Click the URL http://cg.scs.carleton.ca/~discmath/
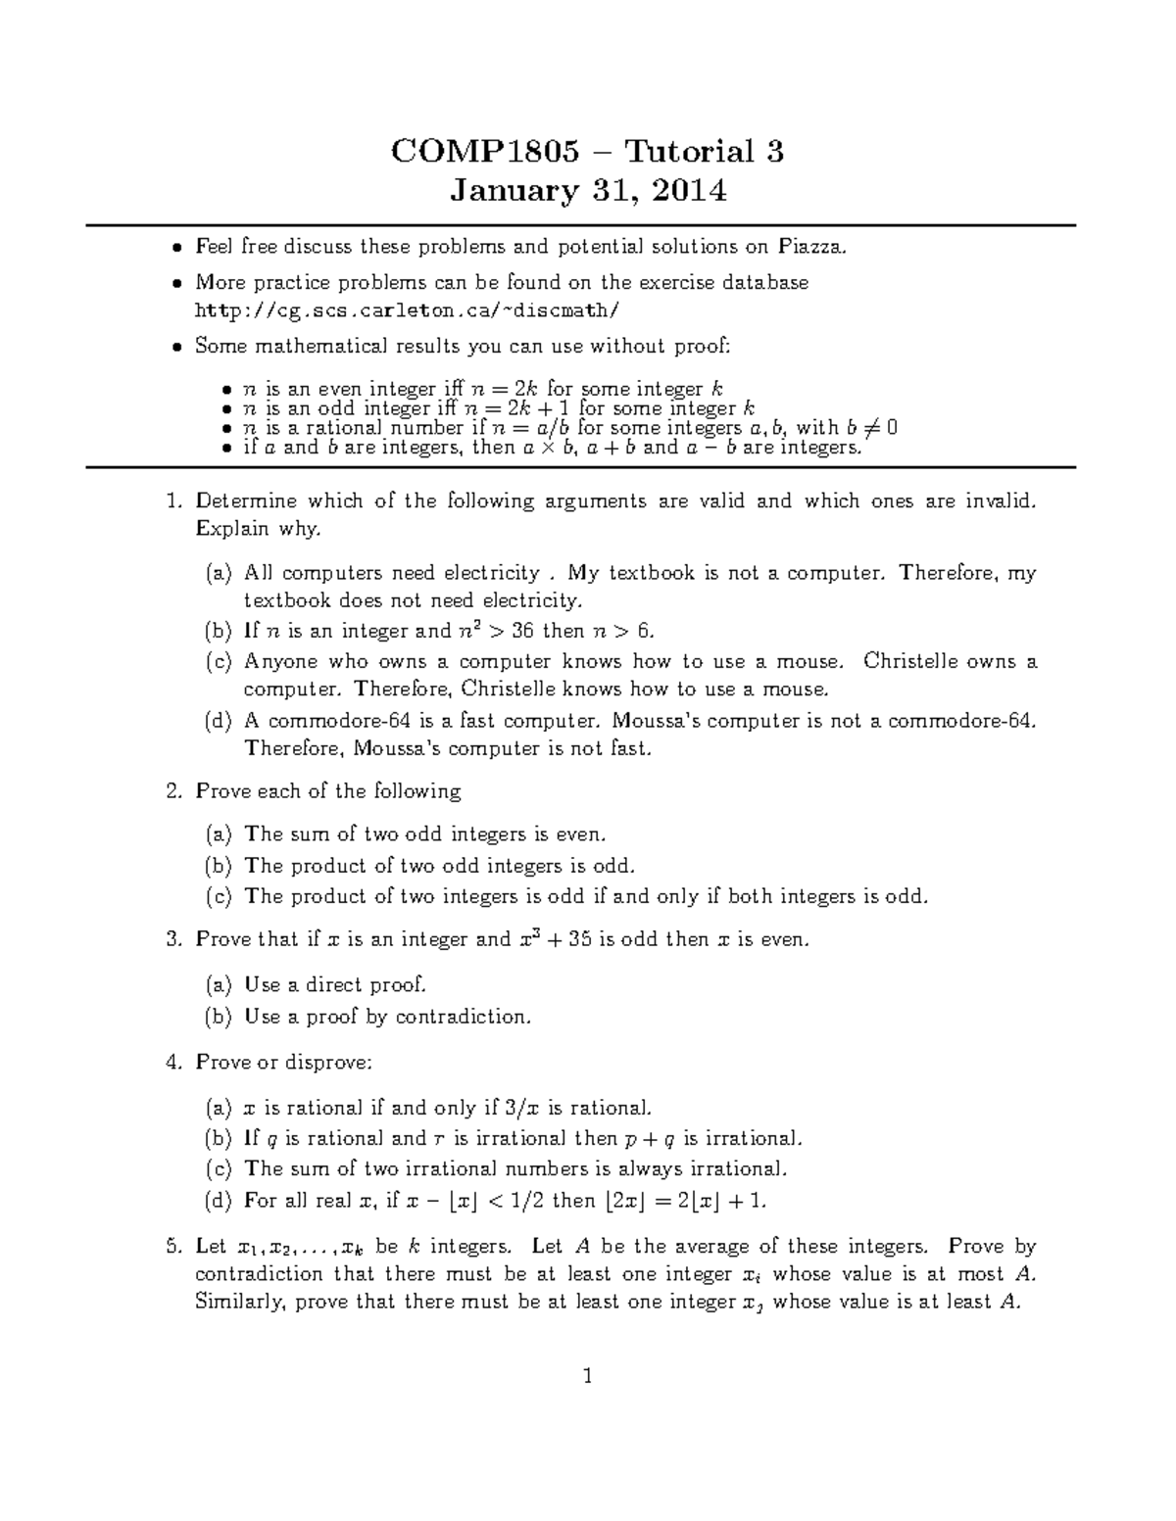(408, 310)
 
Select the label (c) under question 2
(219, 896)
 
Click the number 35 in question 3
(576, 939)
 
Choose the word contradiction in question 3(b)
(462, 1017)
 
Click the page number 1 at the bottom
(587, 1377)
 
